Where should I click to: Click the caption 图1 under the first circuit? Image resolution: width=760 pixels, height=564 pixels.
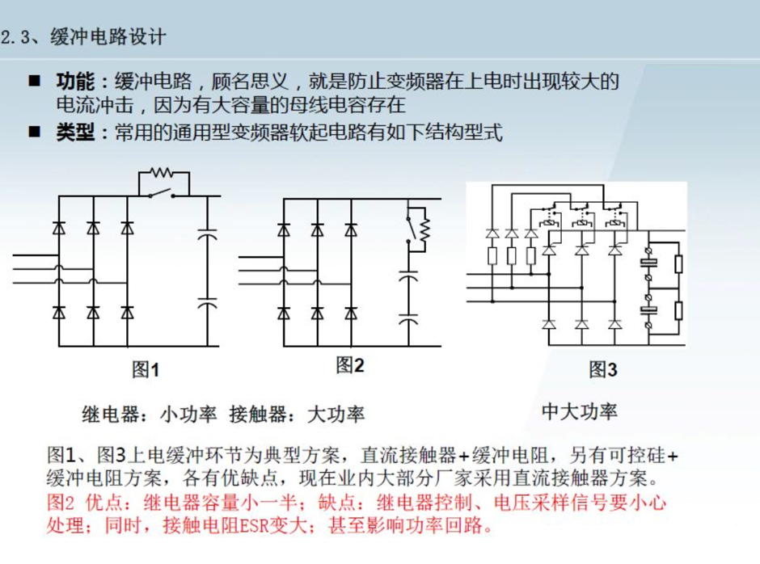click(146, 370)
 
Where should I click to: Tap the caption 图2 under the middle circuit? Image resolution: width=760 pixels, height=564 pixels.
click(350, 365)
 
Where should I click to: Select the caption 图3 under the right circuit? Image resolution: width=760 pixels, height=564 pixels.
click(603, 369)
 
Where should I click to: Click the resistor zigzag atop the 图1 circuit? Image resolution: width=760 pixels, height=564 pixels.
click(161, 172)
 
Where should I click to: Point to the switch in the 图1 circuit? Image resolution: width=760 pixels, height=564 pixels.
click(162, 193)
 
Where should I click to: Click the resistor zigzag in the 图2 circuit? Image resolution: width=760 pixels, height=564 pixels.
click(424, 230)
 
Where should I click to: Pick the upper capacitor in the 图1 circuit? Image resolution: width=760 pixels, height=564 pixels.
click(208, 234)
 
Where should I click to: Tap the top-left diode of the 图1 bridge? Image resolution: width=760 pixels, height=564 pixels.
click(59, 227)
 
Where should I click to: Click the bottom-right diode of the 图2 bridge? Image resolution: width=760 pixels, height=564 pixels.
click(352, 314)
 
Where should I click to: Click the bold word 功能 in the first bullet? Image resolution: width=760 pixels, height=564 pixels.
click(75, 82)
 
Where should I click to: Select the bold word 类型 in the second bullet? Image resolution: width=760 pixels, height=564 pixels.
click(75, 132)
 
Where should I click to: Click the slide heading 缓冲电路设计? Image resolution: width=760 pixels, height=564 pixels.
click(108, 37)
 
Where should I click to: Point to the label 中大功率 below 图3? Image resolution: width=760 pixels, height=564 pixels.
click(580, 411)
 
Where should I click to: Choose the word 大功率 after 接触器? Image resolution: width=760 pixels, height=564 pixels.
click(336, 415)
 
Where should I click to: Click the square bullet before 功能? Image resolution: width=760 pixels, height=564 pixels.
click(35, 81)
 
